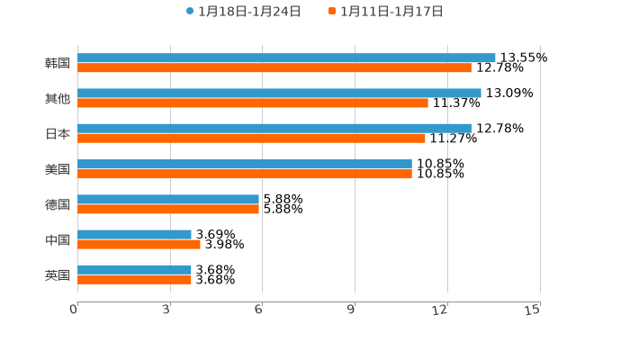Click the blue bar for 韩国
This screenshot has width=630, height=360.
286,58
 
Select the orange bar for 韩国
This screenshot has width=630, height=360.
274,67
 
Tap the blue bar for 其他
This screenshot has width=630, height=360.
279,93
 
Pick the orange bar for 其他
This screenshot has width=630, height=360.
253,103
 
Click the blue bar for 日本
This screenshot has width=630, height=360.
274,128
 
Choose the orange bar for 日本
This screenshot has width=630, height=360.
251,138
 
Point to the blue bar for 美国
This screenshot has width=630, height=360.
245,164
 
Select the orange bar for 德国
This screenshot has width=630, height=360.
168,209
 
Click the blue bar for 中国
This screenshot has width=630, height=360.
134,234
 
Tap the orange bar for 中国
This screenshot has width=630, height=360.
139,244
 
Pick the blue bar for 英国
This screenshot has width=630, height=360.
134,269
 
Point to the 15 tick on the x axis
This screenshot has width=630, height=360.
533,310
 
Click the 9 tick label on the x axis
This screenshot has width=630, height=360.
351,310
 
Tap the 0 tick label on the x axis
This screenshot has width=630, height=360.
74,310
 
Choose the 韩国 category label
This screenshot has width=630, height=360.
58,63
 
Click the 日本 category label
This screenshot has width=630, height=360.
58,133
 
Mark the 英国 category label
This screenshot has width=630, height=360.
58,274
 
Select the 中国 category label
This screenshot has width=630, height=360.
58,239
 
